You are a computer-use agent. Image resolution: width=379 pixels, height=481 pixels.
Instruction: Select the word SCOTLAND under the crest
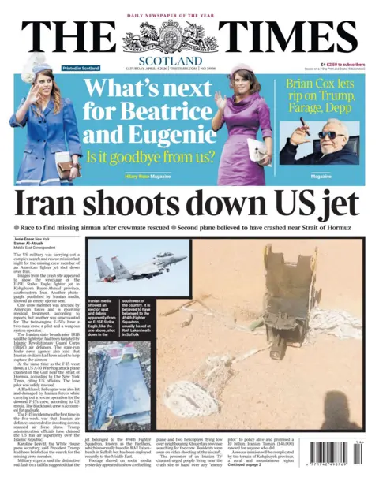tap(170, 60)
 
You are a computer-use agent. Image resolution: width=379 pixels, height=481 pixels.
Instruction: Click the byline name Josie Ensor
tap(26, 237)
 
